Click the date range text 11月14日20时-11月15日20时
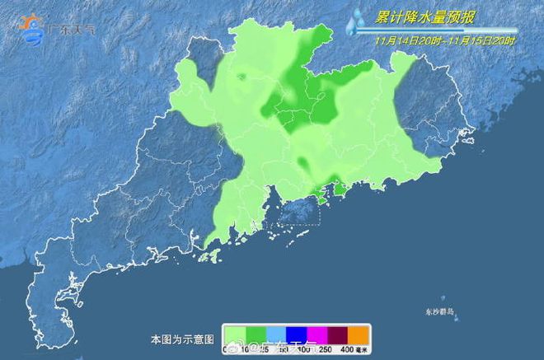(445, 39)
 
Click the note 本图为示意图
(182, 339)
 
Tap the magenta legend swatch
(317, 333)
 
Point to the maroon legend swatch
(338, 333)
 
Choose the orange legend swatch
(359, 333)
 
